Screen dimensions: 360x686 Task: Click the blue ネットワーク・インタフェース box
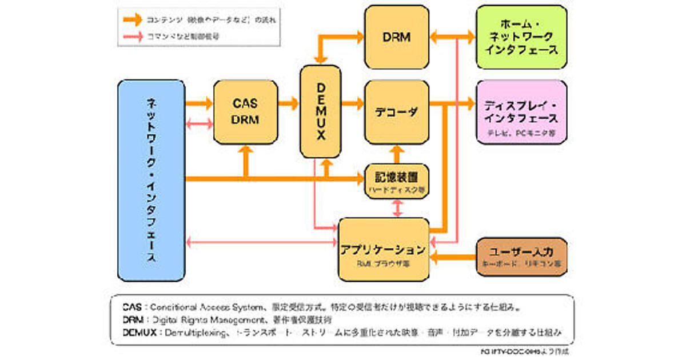151,180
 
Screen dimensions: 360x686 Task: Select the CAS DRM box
245,111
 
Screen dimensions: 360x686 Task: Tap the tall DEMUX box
320,111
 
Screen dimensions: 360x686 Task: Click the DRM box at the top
397,37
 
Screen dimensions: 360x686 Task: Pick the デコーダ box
397,111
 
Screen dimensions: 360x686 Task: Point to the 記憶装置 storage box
397,181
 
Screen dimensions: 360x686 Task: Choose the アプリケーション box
383,250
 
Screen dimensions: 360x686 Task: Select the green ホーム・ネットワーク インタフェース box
521,37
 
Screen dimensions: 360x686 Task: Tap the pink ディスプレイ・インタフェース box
521,111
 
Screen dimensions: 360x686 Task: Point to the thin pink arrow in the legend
133,36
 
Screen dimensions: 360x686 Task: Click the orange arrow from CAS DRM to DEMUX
289,103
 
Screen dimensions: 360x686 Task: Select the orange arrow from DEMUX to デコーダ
353,103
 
